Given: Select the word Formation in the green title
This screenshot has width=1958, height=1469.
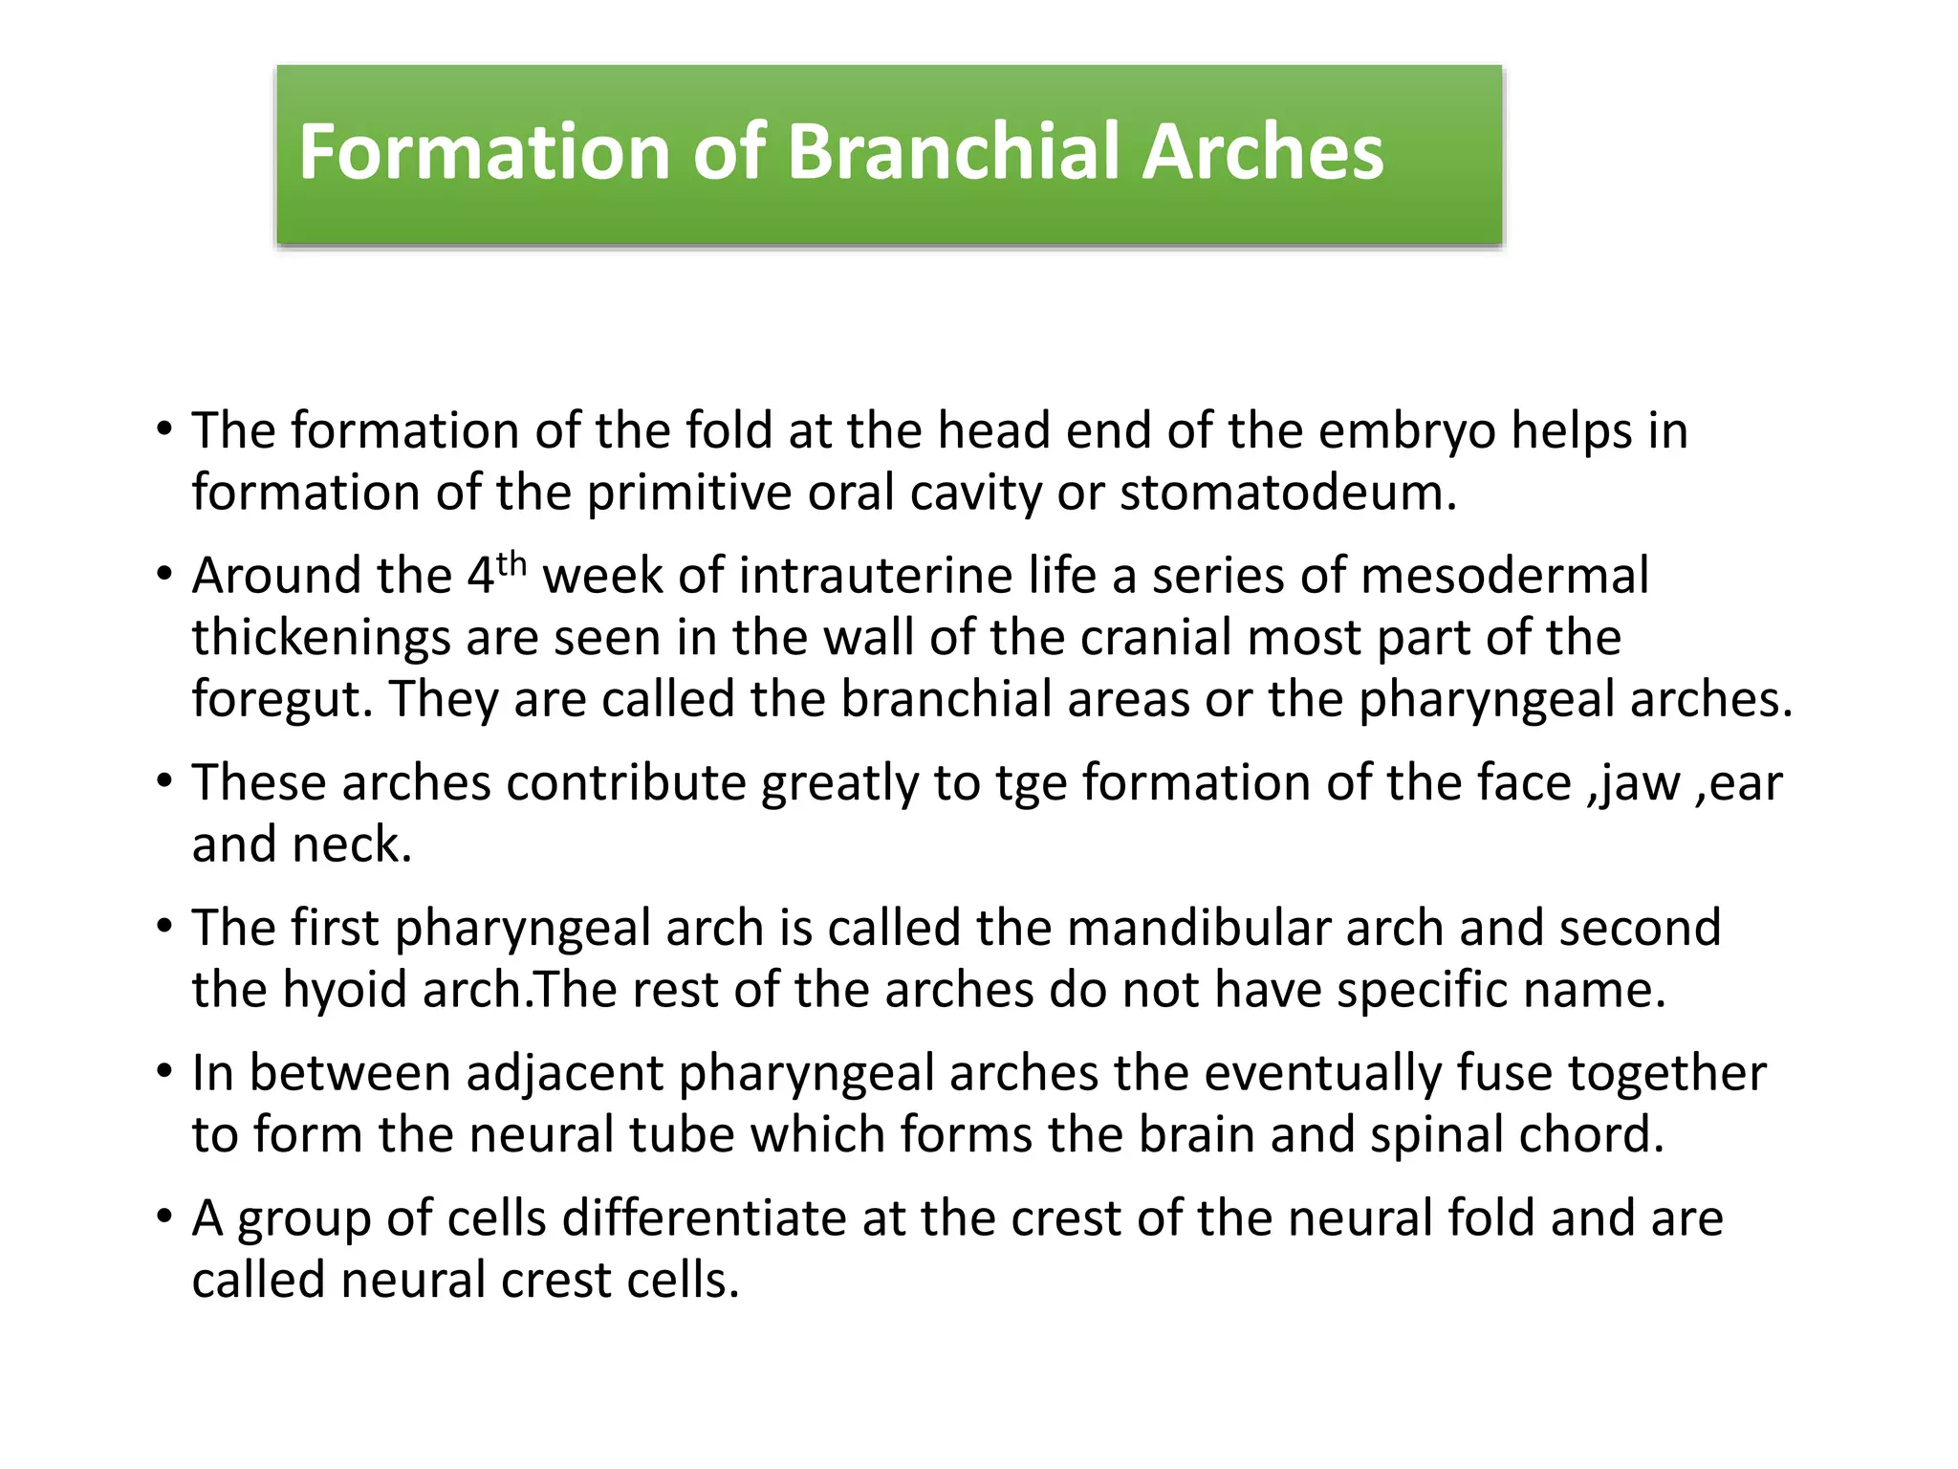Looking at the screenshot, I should (483, 152).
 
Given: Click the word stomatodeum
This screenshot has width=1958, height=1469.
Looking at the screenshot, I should (1286, 493).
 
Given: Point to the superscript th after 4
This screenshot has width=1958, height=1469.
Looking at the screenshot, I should (511, 563).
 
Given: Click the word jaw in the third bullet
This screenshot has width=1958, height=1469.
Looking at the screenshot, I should (1640, 784).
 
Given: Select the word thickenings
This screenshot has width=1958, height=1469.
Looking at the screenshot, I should (320, 638).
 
